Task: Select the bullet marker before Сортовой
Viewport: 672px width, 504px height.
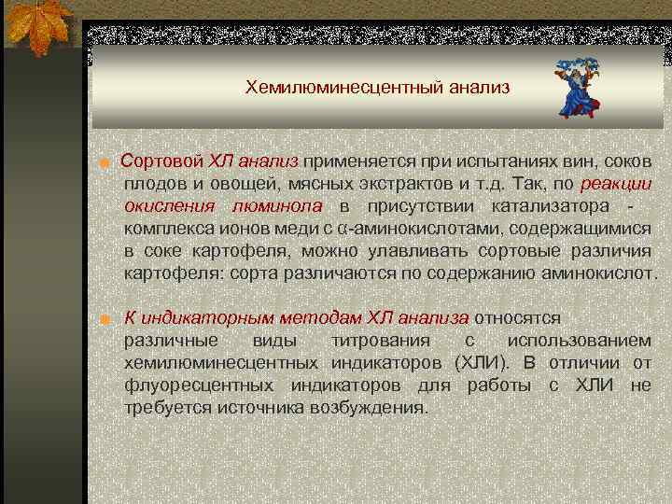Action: pyautogui.click(x=108, y=163)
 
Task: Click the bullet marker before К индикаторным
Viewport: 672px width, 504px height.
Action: pyautogui.click(x=108, y=320)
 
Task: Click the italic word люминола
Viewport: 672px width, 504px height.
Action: pyautogui.click(x=277, y=205)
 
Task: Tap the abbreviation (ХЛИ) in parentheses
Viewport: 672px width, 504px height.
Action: pyautogui.click(x=480, y=363)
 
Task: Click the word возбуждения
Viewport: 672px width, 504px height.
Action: pyautogui.click(x=371, y=408)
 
